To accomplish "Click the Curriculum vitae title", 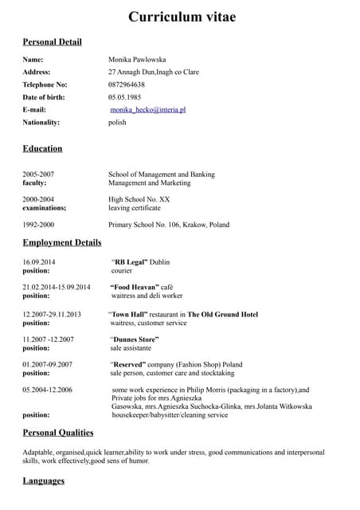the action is point(182,17).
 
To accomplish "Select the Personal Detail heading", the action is point(52,41).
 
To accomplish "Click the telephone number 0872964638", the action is point(127,84).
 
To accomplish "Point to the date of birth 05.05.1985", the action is point(126,97).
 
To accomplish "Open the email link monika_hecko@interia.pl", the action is point(148,110).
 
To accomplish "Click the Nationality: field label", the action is point(41,123).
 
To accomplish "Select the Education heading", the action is point(42,148).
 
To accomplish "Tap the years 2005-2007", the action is point(38,174).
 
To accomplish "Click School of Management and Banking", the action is point(161,174).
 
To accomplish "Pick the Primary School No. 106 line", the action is point(169,225).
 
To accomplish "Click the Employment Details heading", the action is point(62,242).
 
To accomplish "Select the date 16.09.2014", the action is point(39,261).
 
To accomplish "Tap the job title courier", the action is point(122,271).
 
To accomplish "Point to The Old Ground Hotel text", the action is point(223,315).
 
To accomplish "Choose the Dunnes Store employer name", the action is point(135,339).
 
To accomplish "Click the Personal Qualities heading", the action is point(58,433).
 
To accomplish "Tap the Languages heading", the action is point(44,481).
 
